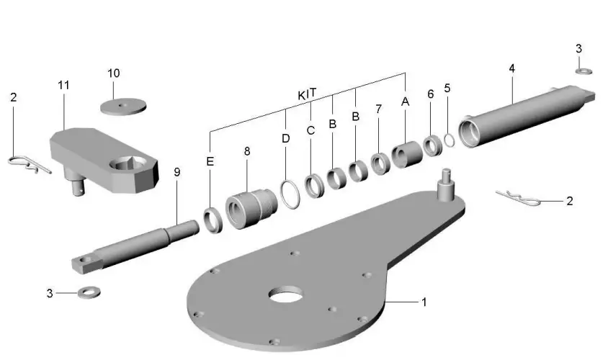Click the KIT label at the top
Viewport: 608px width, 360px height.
tap(308, 95)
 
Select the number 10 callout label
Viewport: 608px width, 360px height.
tap(114, 73)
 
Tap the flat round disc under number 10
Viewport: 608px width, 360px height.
tap(122, 106)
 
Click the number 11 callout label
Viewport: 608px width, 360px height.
tap(63, 85)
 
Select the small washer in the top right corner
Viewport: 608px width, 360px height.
tap(584, 70)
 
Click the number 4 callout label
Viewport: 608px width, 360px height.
tap(511, 68)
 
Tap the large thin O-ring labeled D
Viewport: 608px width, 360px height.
tap(290, 194)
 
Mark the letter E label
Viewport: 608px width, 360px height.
tap(210, 162)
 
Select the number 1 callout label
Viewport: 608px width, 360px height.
tap(424, 302)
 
